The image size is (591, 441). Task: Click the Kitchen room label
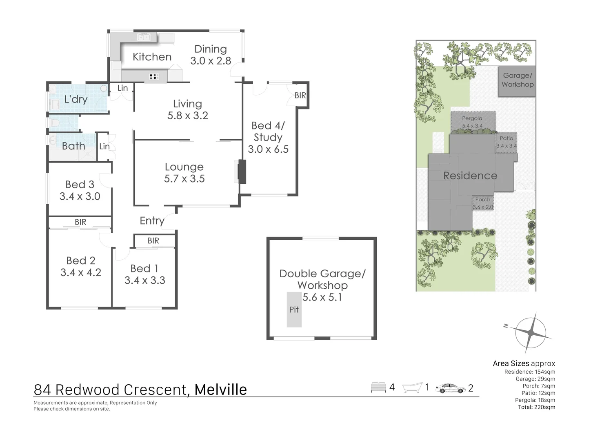tap(152, 57)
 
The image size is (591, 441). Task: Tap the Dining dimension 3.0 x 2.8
tap(211, 61)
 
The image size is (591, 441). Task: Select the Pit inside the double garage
tap(294, 310)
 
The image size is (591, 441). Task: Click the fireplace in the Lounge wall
tap(242, 171)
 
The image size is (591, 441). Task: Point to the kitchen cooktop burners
tap(154, 76)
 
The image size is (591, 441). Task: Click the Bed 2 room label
tap(81, 261)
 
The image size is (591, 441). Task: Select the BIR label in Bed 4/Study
tap(300, 95)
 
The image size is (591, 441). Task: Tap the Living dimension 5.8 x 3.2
tap(188, 116)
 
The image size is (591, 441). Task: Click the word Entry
tap(152, 221)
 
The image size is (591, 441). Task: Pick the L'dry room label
tap(76, 99)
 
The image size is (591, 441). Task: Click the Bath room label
tap(73, 146)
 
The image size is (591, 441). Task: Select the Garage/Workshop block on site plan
tap(517, 81)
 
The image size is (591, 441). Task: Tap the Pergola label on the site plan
tap(472, 118)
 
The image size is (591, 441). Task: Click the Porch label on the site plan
tap(482, 200)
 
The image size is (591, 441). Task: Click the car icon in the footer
tap(450, 388)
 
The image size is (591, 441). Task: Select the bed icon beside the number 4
tap(378, 387)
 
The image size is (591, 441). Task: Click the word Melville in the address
tap(220, 390)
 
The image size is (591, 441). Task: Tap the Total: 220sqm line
tap(536, 407)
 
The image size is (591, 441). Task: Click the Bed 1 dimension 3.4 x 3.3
tap(145, 281)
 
